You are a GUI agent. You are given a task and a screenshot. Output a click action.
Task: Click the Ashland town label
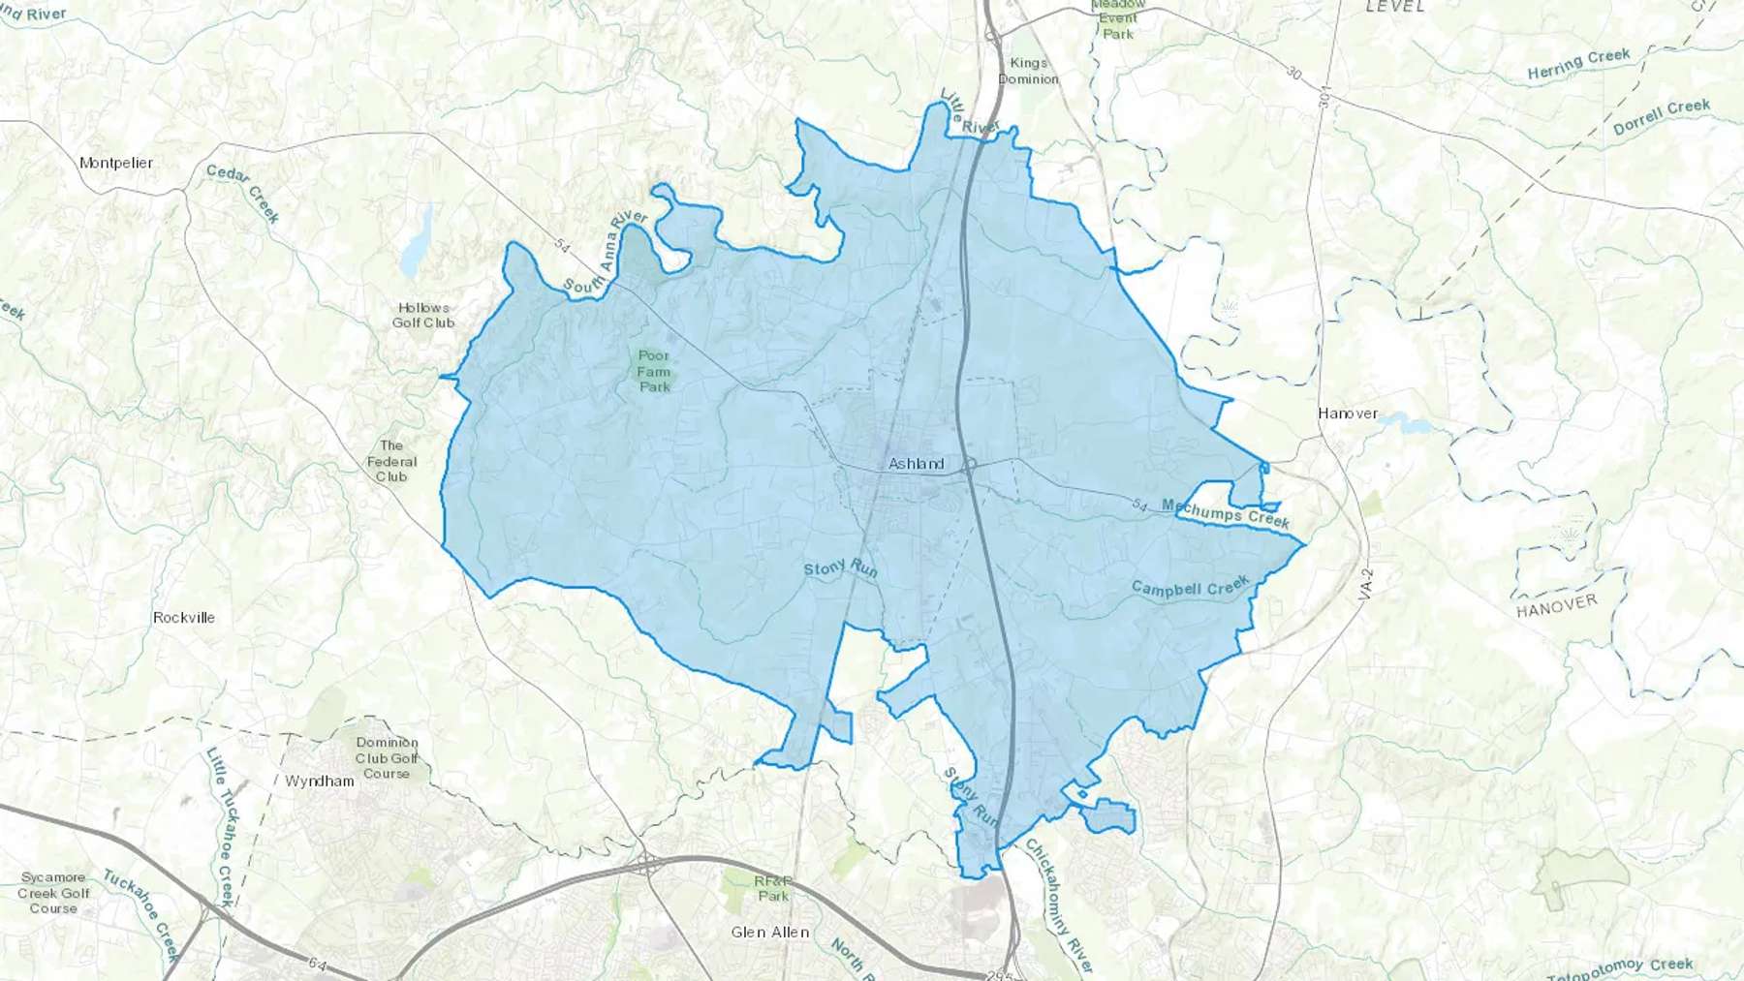pyautogui.click(x=916, y=464)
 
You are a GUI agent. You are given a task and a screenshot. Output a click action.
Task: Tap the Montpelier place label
pyautogui.click(x=116, y=163)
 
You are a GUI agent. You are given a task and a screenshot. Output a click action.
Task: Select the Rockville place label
pyautogui.click(x=184, y=617)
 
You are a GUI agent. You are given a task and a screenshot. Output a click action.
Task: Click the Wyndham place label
pyautogui.click(x=320, y=781)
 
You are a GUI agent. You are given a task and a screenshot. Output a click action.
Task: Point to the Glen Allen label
pyautogui.click(x=770, y=933)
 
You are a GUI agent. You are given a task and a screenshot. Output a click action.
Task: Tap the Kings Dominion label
pyautogui.click(x=1028, y=71)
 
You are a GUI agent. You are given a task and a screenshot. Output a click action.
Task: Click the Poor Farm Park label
pyautogui.click(x=654, y=371)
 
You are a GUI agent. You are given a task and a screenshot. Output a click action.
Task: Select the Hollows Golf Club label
pyautogui.click(x=423, y=315)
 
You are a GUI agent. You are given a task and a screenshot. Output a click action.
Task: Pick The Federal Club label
pyautogui.click(x=391, y=461)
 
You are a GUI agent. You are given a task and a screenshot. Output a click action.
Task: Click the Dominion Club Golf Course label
pyautogui.click(x=387, y=758)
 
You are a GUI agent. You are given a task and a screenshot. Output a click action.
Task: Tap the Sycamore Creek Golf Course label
pyautogui.click(x=53, y=893)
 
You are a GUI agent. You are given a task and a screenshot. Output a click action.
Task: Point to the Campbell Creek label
pyautogui.click(x=1191, y=587)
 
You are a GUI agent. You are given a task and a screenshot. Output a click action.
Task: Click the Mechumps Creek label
pyautogui.click(x=1226, y=513)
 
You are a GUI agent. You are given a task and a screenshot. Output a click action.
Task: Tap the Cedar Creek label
pyautogui.click(x=243, y=193)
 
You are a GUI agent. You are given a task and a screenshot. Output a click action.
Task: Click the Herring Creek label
pyautogui.click(x=1578, y=64)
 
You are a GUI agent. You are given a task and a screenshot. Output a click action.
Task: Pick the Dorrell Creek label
pyautogui.click(x=1661, y=117)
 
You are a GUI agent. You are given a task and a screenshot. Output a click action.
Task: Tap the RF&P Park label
pyautogui.click(x=773, y=888)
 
